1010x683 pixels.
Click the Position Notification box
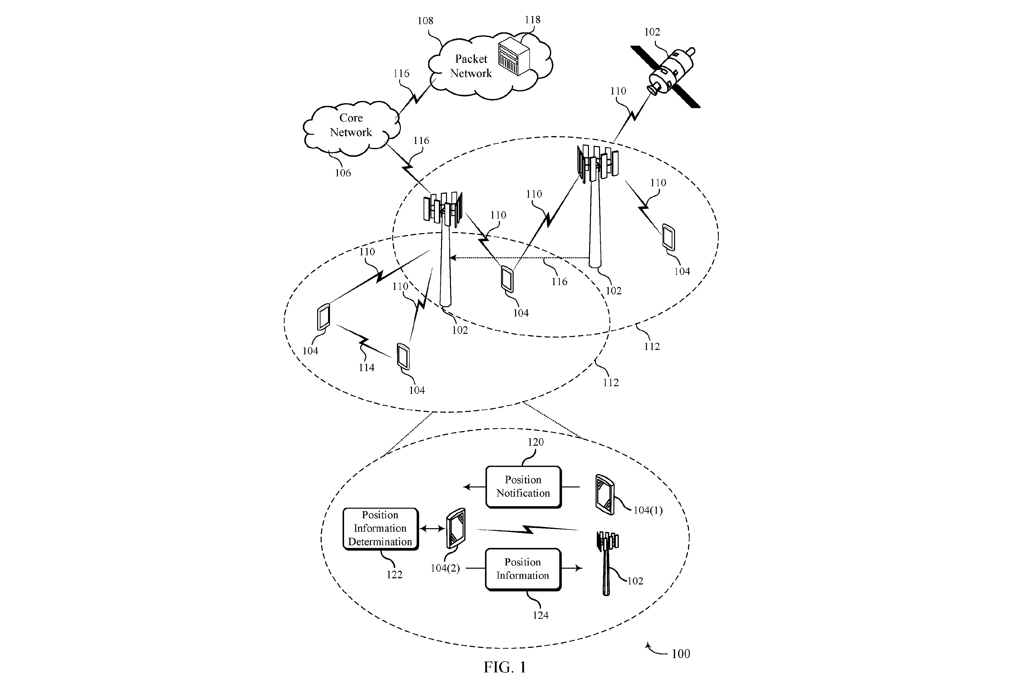[523, 487]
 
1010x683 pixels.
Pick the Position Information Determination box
[380, 529]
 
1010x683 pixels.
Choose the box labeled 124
[523, 569]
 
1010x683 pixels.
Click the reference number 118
[532, 20]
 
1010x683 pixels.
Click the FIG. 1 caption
[505, 667]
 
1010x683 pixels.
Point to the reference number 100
[680, 654]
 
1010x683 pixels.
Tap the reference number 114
[366, 368]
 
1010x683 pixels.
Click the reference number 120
[535, 442]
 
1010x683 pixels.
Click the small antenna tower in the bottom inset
[607, 563]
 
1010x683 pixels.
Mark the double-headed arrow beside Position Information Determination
[432, 529]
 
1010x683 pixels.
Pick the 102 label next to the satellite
[652, 32]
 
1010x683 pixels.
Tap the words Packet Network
[471, 66]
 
